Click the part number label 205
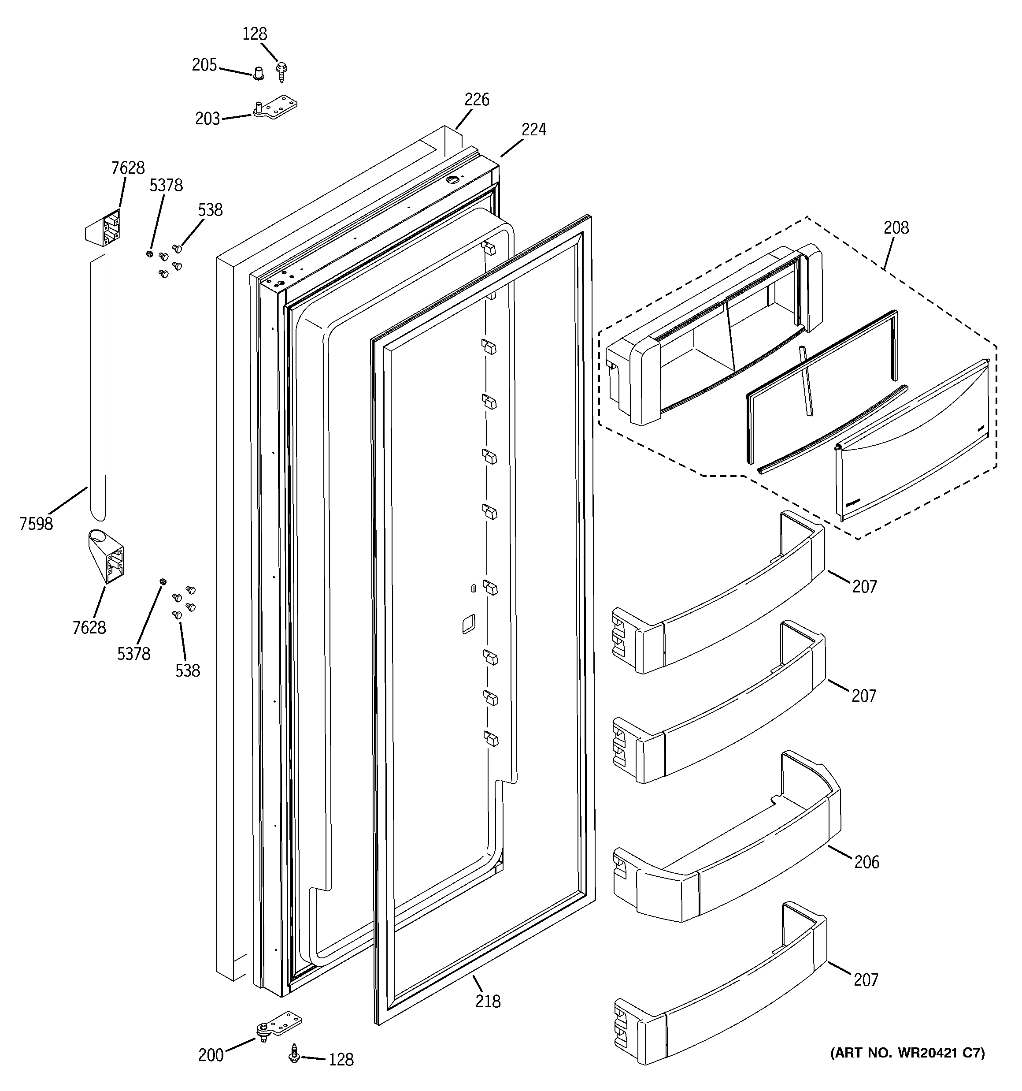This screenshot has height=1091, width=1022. coord(204,65)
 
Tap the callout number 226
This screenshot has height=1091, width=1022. coord(476,100)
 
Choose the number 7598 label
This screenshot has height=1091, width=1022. coord(36,524)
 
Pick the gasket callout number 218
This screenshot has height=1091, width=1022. coord(488,1002)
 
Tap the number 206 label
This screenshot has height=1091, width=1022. coord(866,862)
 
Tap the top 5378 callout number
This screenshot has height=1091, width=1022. coord(166,186)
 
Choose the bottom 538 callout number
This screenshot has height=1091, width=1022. coord(188,670)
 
